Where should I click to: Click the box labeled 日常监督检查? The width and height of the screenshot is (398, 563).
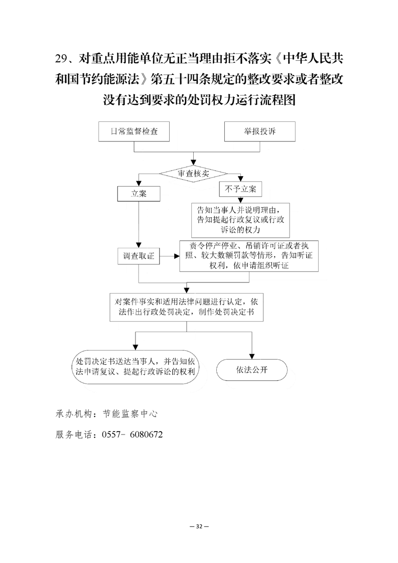coord(134,131)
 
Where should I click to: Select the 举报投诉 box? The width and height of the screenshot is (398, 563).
coord(259,131)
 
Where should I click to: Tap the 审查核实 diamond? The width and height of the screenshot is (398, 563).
coord(194,174)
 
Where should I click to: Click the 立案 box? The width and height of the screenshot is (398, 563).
coord(139,194)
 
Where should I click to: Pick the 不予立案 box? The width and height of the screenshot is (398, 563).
coord(240,189)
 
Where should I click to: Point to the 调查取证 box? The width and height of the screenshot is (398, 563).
coord(139,256)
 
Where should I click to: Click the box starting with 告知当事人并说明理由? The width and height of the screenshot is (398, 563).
coord(240,220)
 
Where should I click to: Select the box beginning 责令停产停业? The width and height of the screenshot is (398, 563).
coord(249,255)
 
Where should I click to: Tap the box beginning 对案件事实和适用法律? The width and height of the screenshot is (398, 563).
coord(186,307)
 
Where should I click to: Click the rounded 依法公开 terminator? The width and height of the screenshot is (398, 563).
coord(252,370)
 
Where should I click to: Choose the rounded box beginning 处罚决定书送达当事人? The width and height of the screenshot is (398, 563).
coord(136,367)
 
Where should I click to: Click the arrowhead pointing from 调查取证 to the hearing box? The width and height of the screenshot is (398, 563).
coord(177,256)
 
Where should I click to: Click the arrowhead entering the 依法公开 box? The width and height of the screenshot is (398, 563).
coord(252,356)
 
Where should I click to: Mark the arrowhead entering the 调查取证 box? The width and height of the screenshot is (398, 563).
coord(139,245)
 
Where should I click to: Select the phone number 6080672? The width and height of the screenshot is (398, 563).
coord(146,435)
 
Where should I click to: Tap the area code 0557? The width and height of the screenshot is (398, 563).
coord(111,435)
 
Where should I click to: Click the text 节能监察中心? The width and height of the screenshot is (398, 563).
coord(130,414)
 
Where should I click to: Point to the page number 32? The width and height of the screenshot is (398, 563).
coord(199,526)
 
